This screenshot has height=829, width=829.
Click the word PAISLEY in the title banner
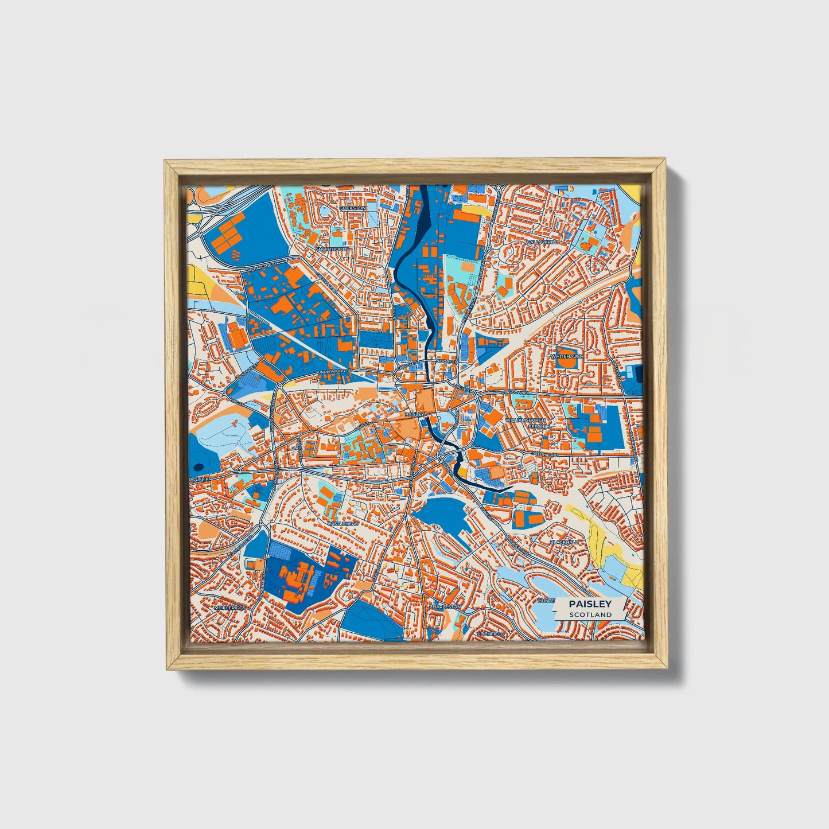tap(590, 604)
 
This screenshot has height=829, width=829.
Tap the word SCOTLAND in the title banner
tap(590, 614)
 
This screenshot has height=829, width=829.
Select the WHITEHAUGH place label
tap(567, 356)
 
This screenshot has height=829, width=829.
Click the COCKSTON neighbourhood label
tap(352, 208)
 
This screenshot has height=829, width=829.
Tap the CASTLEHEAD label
tap(343, 524)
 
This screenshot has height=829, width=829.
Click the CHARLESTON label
tap(445, 606)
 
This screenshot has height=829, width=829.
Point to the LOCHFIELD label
tap(491, 634)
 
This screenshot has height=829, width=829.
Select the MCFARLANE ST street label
tap(262, 265)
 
